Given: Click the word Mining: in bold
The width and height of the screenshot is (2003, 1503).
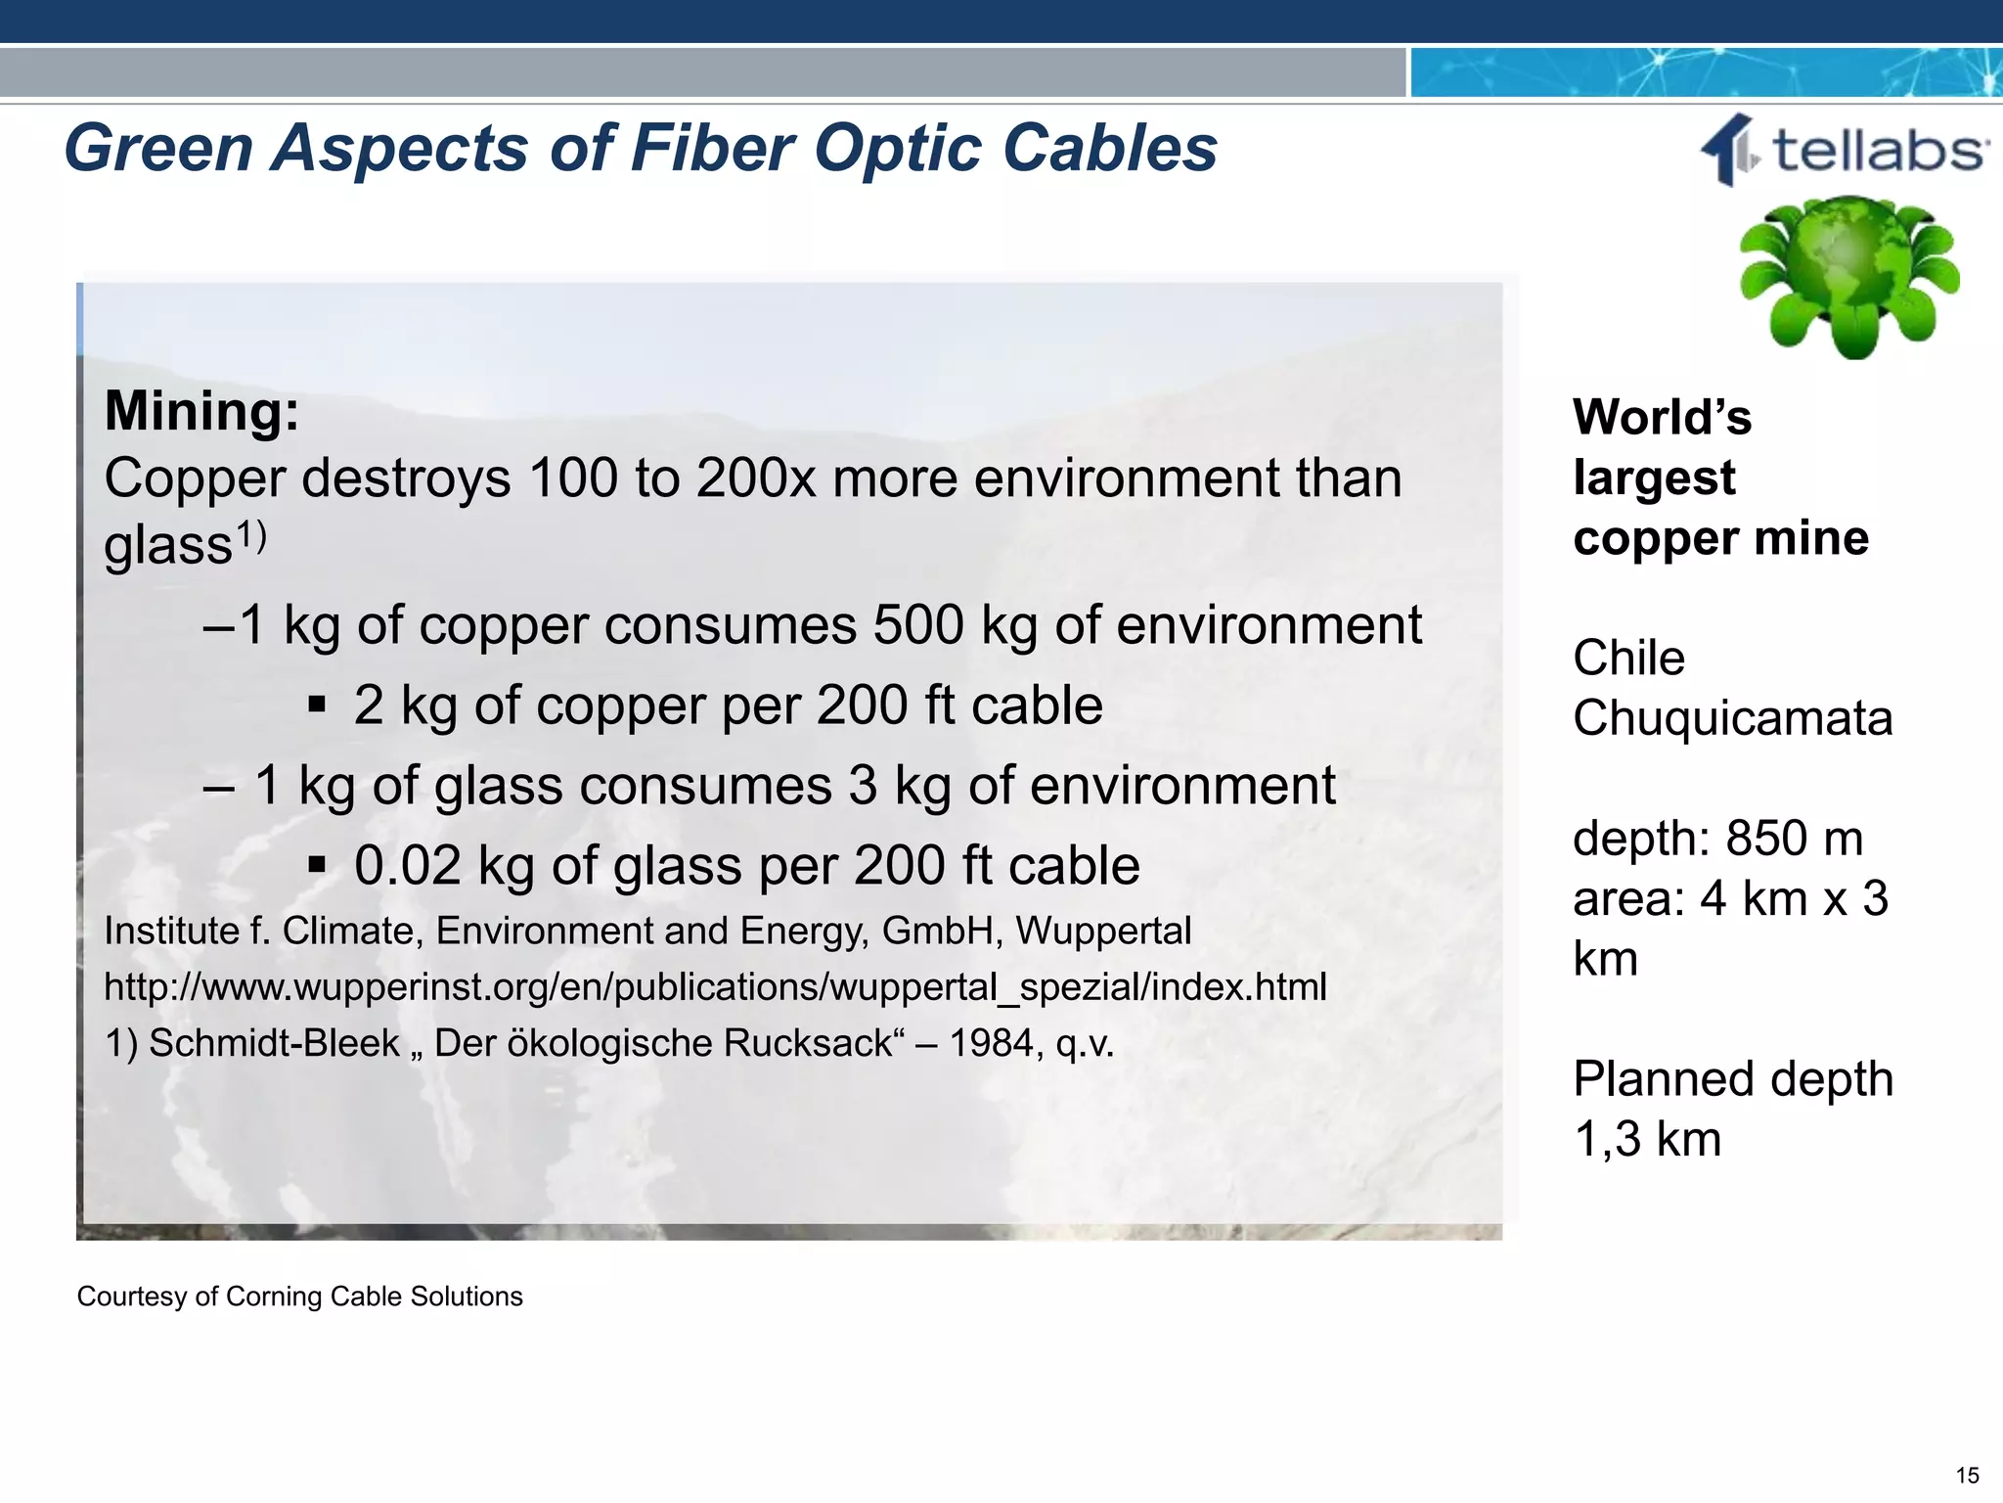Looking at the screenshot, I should pos(201,411).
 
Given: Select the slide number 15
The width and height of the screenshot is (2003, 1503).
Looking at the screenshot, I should pos(1967,1476).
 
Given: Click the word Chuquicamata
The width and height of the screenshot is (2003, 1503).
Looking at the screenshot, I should pos(1732,719).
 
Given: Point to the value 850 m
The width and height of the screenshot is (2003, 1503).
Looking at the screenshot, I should pos(1794,839).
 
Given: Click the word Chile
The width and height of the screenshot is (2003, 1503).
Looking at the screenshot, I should pos(1628,658).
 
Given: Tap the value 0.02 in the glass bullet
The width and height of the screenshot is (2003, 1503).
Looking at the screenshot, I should pos(407,866).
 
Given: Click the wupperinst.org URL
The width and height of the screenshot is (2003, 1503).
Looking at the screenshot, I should pos(715,987).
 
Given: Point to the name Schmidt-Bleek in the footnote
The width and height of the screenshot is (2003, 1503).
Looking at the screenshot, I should pos(274,1044).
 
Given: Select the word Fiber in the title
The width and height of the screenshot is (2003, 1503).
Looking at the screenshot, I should pos(713,149).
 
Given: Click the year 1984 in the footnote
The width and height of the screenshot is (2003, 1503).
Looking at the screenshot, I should pos(987,1044).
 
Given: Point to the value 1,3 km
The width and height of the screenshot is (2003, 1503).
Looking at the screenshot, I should pos(1647,1140).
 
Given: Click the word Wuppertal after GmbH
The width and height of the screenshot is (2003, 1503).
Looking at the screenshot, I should pos(1103,932).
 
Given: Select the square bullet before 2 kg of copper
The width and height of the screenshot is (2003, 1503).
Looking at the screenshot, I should pos(316,705).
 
